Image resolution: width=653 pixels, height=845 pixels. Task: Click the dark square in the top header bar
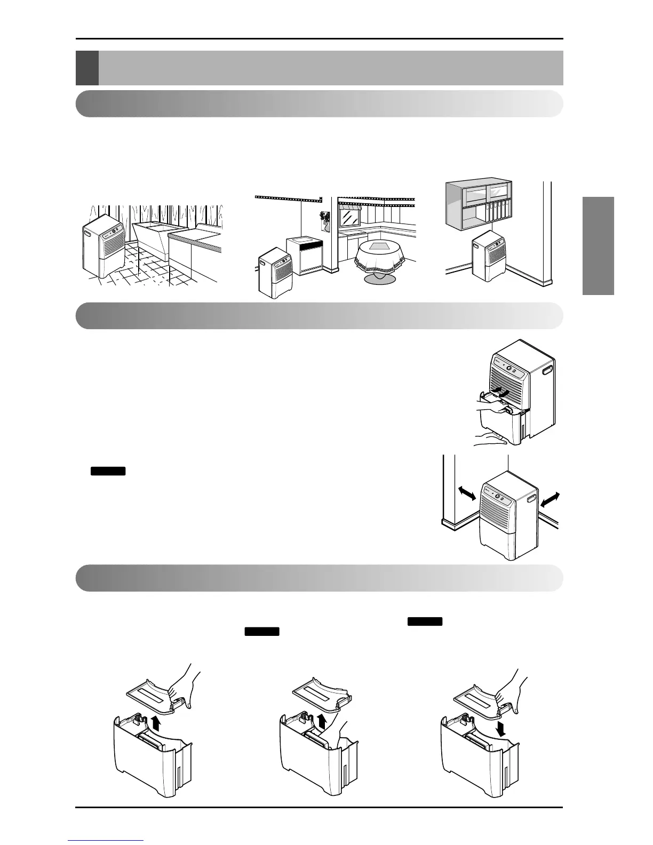[x=87, y=68]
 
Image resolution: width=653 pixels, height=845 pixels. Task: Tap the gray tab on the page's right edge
[x=598, y=245]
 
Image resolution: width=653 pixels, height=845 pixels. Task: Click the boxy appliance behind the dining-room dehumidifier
[x=305, y=256]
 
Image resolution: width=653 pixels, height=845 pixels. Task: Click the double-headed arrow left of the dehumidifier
[x=467, y=492]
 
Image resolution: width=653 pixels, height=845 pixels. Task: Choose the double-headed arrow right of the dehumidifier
[x=551, y=499]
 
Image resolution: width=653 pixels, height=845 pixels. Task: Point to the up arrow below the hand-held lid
[x=156, y=723]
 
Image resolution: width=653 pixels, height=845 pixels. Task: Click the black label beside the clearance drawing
[x=108, y=471]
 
